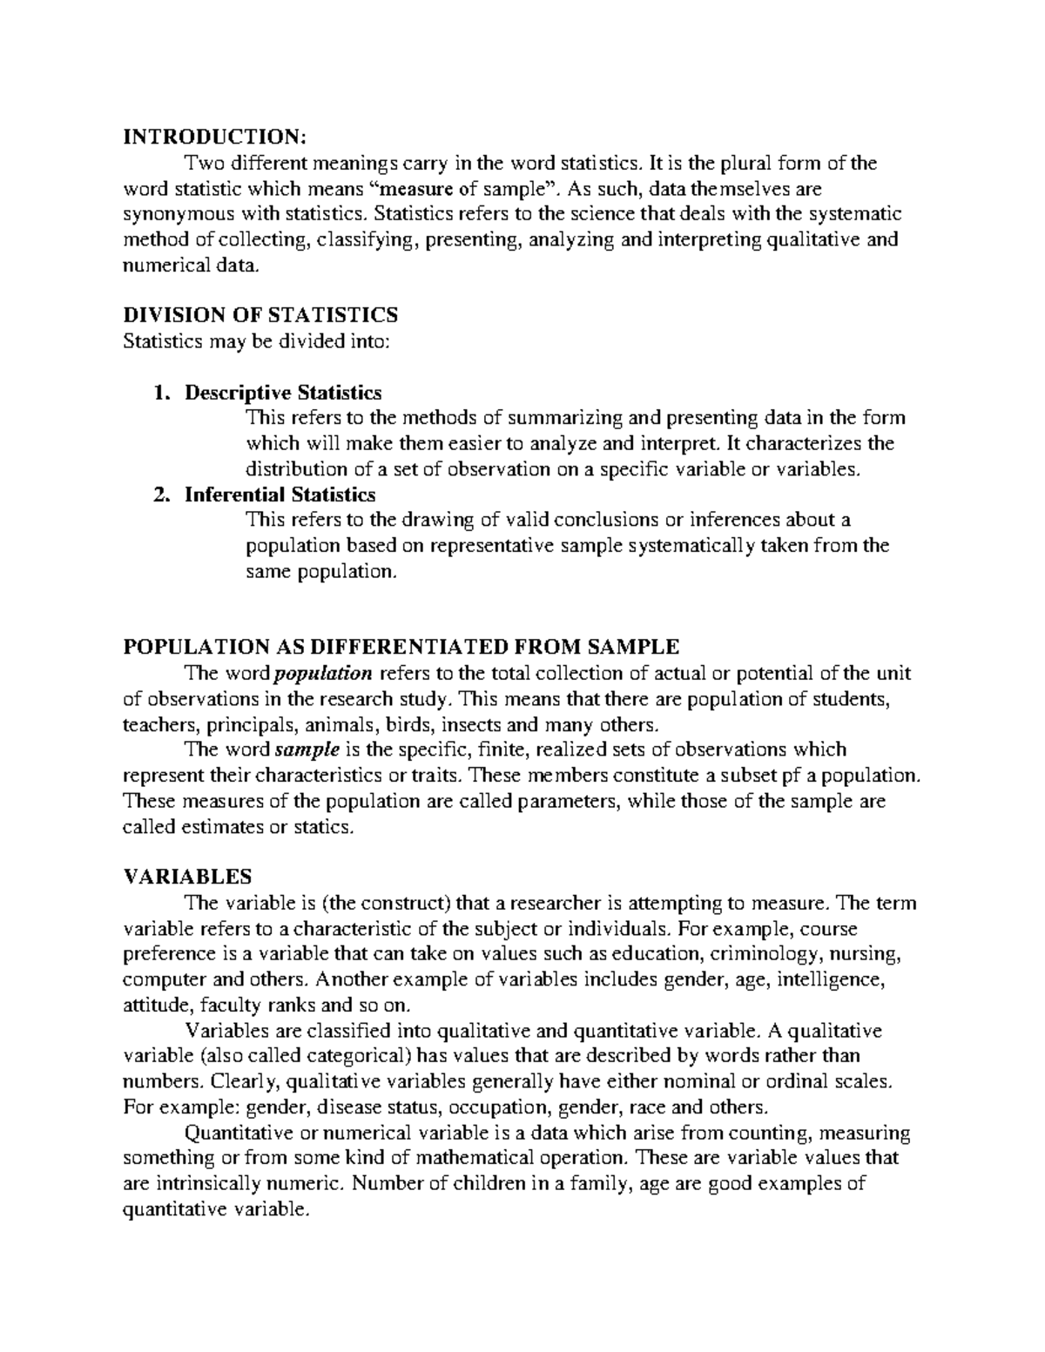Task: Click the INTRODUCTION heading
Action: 214,137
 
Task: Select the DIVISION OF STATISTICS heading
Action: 260,314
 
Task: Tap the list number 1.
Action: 158,393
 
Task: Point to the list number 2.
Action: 158,495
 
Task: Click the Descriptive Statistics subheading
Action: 282,393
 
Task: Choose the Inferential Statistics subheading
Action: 280,495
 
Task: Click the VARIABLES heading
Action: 187,877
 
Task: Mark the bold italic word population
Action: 323,673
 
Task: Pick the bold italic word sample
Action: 307,750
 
